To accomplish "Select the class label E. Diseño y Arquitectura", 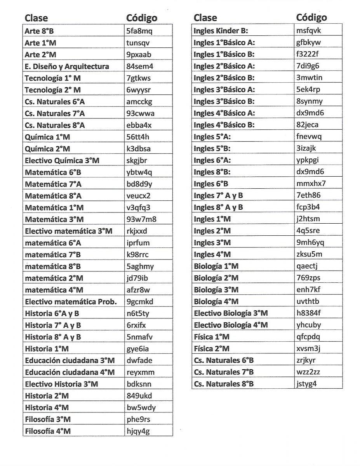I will coord(67,66).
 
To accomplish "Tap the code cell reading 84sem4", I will coord(140,66).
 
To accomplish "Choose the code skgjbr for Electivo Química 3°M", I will coord(137,160).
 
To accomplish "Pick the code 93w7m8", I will coord(141,219).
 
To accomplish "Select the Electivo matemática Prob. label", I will coord(71,302).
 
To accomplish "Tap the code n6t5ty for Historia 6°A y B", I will coord(138,313).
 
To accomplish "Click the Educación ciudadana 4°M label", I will coord(70,372).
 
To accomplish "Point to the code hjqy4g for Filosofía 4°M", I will coord(138,431).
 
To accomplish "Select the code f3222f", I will coord(307,54).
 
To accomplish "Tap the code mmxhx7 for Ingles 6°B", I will coord(311,184).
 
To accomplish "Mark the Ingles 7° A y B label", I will coord(218,196).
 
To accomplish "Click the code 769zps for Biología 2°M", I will coord(308,278).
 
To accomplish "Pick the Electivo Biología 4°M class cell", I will coord(231,325).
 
